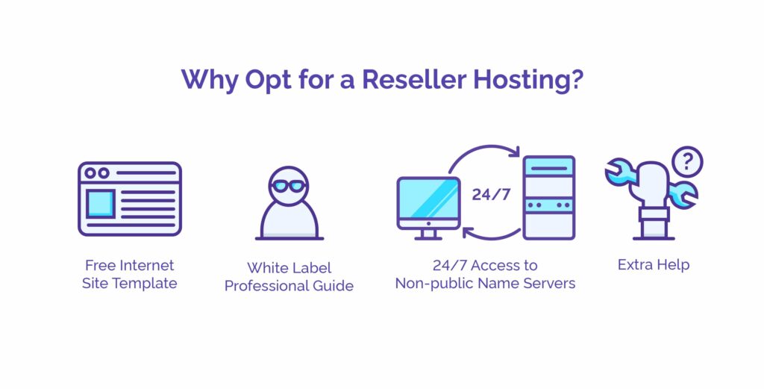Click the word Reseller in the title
[414, 79]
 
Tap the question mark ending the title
[577, 79]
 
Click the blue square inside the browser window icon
[101, 204]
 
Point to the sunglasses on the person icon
[289, 186]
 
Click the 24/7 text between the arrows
[491, 194]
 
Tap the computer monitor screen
[429, 200]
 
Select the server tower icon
[549, 197]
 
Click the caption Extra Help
[654, 265]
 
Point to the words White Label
[289, 267]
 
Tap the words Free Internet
[129, 265]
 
